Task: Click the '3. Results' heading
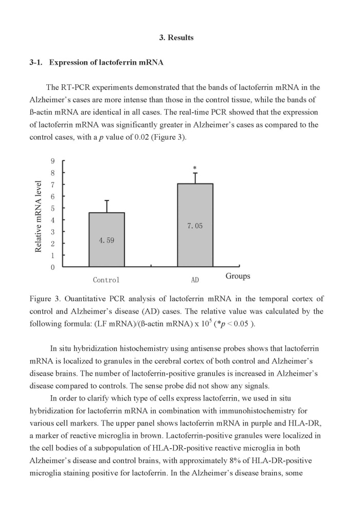coord(176,38)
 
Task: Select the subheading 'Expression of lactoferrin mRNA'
coord(106,63)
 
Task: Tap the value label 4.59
coord(106,240)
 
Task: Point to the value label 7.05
coord(195,225)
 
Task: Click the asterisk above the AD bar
coord(195,168)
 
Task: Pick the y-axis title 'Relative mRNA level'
coord(39,216)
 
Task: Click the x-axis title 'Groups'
coord(238,276)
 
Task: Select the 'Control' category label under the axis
coord(106,280)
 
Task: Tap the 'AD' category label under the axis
coord(195,280)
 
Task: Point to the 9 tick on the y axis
coord(52,161)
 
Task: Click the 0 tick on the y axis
coord(52,267)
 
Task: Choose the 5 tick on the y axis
coord(52,208)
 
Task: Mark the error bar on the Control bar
coord(106,206)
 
